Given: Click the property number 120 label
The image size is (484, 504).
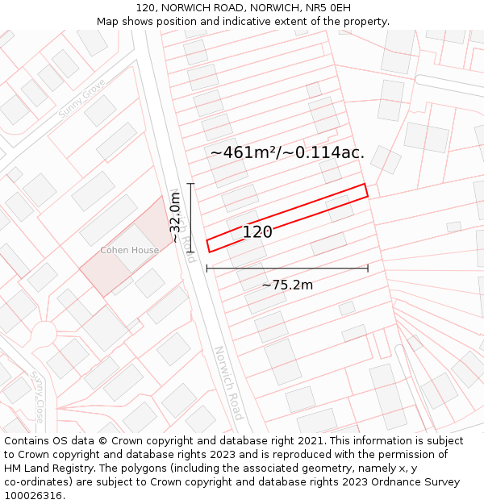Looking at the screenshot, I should [x=257, y=232].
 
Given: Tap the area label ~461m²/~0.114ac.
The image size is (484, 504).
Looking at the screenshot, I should [x=287, y=152].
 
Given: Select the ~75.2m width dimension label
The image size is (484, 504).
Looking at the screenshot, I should [x=287, y=285].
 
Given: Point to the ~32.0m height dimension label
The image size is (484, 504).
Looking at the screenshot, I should [x=174, y=218].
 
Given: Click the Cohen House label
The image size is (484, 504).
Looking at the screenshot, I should [x=129, y=251].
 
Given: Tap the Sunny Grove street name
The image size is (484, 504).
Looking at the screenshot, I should [x=81, y=99].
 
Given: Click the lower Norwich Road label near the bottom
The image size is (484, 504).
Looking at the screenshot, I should [x=228, y=383].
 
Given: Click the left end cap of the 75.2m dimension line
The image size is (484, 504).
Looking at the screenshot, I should [x=207, y=269].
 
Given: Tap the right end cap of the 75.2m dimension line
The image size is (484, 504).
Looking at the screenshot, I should [x=368, y=269].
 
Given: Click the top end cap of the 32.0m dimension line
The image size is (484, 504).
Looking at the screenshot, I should [x=191, y=184].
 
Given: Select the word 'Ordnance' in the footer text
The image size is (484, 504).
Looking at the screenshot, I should [x=386, y=482].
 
